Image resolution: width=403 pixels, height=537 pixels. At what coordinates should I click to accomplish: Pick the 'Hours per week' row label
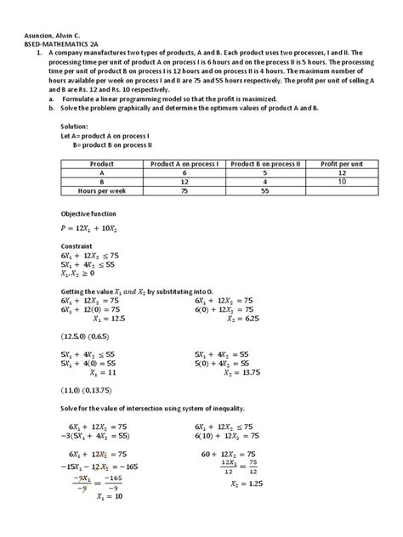coord(101,192)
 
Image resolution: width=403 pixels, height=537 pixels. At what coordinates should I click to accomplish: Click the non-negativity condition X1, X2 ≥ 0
coord(79,274)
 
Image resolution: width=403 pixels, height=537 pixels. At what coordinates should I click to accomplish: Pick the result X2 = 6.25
coord(240,319)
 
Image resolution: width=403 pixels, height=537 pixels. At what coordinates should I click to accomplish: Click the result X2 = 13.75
coord(238,372)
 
